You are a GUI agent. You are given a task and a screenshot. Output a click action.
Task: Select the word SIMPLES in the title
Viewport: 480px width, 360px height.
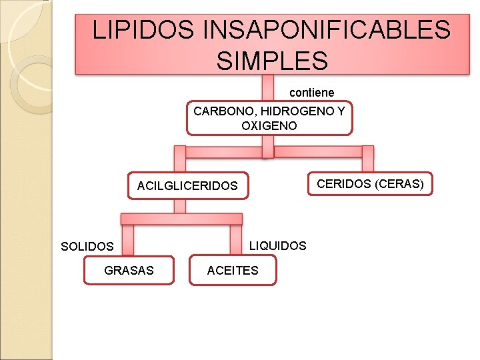pos(272,61)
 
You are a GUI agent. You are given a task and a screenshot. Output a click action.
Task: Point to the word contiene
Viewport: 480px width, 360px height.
pos(312,92)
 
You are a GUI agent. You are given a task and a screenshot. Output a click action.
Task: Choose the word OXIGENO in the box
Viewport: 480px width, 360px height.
pos(269,125)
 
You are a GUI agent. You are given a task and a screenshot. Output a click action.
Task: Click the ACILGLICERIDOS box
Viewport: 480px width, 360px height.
pos(187,186)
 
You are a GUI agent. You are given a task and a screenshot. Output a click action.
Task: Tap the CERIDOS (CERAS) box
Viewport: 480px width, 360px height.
pos(370,183)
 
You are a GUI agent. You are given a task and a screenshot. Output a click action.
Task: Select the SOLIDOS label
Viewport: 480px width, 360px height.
pos(87,247)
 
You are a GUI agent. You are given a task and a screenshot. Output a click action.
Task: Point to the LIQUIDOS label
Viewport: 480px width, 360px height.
pos(277,246)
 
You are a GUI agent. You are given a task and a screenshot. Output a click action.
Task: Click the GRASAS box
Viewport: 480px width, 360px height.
pos(129,270)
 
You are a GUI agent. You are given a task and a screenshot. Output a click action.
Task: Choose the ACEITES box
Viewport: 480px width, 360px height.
pos(233,270)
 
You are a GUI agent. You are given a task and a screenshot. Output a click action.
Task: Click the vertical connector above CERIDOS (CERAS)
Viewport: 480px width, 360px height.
pos(367,161)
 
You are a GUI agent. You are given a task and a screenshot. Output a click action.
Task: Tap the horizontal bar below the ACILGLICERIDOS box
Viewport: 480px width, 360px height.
pos(181,219)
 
